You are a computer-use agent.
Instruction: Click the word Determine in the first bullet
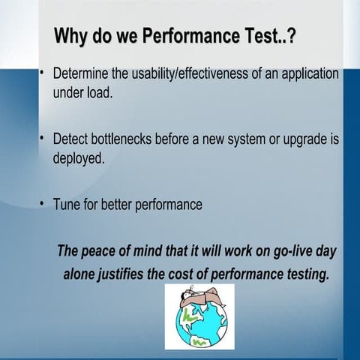coord(83,75)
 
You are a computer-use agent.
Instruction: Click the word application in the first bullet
coord(309,75)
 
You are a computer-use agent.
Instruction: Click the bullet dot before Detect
coord(43,139)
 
